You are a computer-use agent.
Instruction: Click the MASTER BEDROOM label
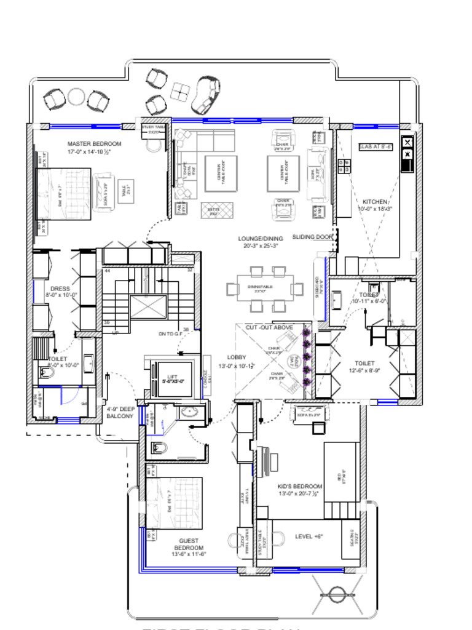click(x=95, y=143)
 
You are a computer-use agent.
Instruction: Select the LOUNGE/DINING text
click(x=261, y=238)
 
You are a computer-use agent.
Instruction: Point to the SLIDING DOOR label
click(x=312, y=237)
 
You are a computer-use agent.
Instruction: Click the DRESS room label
click(x=60, y=289)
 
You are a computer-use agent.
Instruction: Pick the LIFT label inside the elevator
click(x=172, y=377)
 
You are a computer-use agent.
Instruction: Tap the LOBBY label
click(x=237, y=357)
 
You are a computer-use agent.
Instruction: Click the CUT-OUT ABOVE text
click(x=269, y=327)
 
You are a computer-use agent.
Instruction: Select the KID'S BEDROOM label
click(x=301, y=486)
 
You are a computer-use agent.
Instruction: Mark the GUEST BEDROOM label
click(x=188, y=544)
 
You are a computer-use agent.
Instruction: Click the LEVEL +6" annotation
click(x=309, y=536)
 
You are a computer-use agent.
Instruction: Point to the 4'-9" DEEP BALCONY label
click(x=120, y=412)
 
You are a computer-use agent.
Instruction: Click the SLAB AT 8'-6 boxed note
click(x=376, y=147)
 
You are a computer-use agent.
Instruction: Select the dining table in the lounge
click(x=265, y=289)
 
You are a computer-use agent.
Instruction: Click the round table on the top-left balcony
click(x=76, y=97)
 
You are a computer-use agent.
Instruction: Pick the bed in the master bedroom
click(x=64, y=194)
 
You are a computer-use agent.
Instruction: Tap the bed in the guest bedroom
click(x=174, y=503)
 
